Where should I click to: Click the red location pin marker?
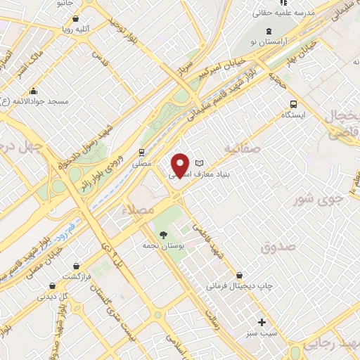(x=181, y=165)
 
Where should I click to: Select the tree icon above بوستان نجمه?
(x=163, y=235)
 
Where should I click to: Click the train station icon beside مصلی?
(x=142, y=152)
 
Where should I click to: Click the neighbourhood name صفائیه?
(x=243, y=149)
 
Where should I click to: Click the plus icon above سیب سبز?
(x=262, y=322)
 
